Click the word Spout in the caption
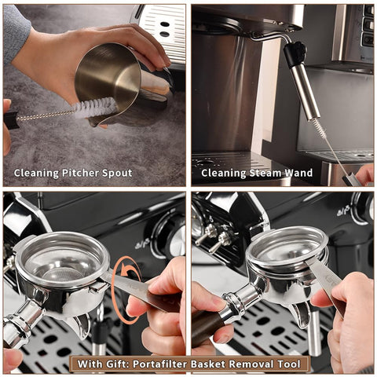pos(116,173)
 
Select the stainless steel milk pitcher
pos(110,79)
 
